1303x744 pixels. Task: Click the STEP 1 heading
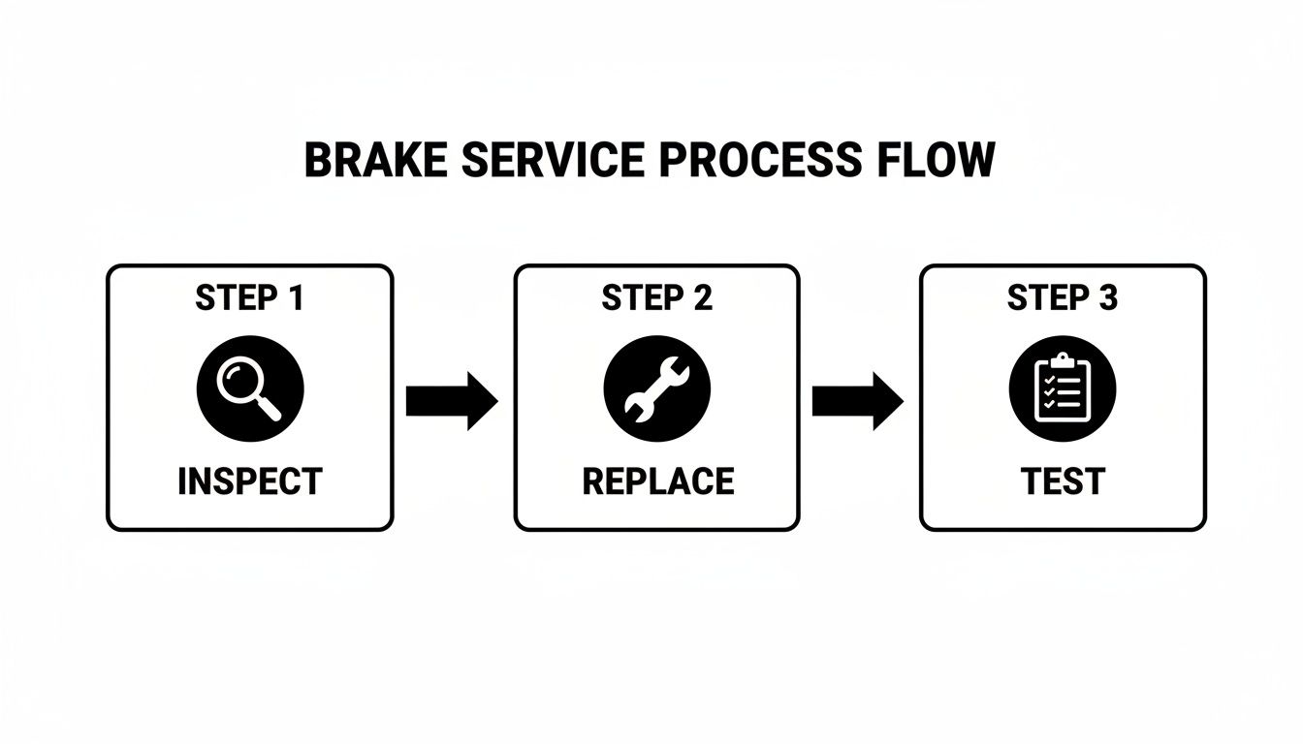click(x=249, y=298)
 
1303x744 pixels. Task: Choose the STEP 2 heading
click(x=656, y=298)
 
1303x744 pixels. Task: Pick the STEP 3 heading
click(x=1063, y=298)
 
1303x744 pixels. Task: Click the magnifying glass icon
click(x=250, y=389)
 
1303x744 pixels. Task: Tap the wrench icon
click(x=656, y=389)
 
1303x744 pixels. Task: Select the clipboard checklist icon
click(x=1063, y=389)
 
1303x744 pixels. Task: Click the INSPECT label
click(x=249, y=481)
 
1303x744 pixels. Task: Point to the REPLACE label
click(x=657, y=481)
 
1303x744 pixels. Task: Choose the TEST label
click(x=1063, y=481)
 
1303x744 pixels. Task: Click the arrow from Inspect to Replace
click(x=452, y=399)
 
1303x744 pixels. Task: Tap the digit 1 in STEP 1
click(x=294, y=298)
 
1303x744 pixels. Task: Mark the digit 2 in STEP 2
click(x=702, y=298)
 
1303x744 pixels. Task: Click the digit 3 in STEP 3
click(x=1107, y=298)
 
